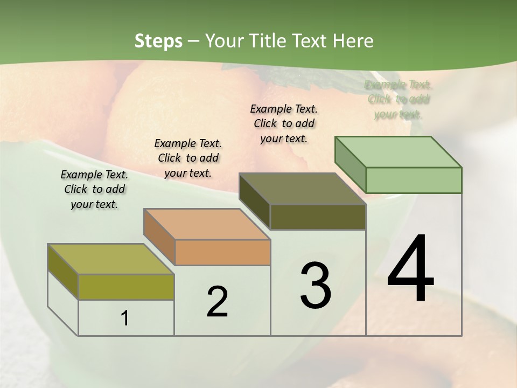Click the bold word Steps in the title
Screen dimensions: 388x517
pos(158,41)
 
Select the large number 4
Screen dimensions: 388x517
pos(410,269)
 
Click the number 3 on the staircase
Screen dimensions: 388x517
pos(316,286)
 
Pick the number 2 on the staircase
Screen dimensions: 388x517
pos(217,302)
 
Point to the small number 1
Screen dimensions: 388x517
pos(125,318)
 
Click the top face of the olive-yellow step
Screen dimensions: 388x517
pos(111,259)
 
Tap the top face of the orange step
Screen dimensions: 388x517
pos(207,224)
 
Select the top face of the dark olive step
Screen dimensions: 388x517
pos(302,189)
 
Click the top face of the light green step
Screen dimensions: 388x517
pos(398,151)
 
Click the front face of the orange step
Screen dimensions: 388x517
pos(222,252)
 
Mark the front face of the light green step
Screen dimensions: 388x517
pos(414,180)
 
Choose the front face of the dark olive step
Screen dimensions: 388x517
pos(318,217)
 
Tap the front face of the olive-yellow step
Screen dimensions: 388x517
pos(126,287)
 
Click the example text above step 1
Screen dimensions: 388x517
pos(94,189)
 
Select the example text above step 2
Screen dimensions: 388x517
pos(188,158)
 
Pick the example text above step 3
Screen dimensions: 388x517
pos(284,123)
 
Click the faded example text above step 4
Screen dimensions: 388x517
pos(399,99)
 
